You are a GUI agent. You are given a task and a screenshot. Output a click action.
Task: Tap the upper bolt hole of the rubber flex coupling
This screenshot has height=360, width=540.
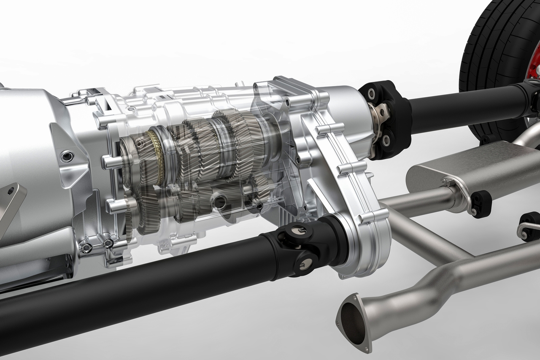click(x=372, y=94)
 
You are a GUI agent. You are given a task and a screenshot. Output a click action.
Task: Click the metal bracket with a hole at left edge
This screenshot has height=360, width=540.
click(x=11, y=203)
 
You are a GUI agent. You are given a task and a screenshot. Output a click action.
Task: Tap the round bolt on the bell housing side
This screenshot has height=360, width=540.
click(x=67, y=157)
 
